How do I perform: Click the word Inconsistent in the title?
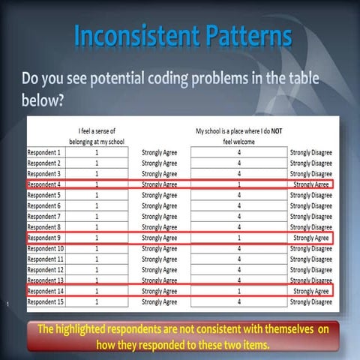coord(128,36)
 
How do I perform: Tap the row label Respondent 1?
coord(45,152)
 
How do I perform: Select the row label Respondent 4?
coord(45,184)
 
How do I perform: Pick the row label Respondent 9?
coord(45,238)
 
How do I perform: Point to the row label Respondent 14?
coord(45,291)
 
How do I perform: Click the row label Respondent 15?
coord(45,301)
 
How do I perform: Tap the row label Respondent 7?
coord(45,216)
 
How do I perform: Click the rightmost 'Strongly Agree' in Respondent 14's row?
coord(311,291)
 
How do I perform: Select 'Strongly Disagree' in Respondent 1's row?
coord(311,152)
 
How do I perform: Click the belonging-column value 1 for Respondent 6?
coord(96,205)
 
